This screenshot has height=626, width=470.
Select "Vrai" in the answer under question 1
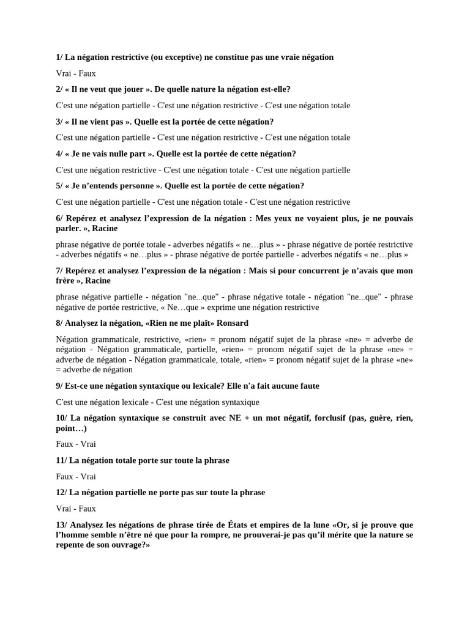tap(64, 73)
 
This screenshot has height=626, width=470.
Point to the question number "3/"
tap(59, 122)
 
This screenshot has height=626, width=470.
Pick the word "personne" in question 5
tap(137, 186)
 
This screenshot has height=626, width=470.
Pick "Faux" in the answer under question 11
tap(65, 476)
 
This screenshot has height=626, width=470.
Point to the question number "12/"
tap(61, 492)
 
